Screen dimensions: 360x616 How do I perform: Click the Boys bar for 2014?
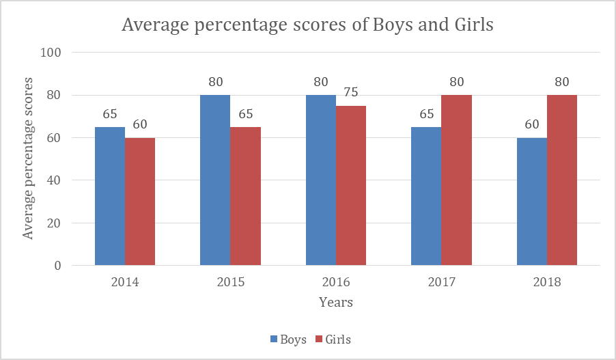pos(110,196)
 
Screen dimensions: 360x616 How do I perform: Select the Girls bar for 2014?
pos(140,202)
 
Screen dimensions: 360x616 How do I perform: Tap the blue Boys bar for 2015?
pos(215,180)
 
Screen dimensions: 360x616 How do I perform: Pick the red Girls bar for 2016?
pos(350,186)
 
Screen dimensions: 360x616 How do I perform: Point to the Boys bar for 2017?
pos(426,196)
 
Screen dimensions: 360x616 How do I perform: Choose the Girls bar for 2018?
pos(561,180)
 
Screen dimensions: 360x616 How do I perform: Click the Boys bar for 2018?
pos(531,202)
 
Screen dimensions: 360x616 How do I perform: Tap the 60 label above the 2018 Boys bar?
pos(531,125)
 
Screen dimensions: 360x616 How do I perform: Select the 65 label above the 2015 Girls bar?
pos(246,114)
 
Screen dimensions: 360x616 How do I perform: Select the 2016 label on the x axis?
pos(335,282)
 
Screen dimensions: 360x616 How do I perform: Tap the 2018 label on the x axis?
pos(546,282)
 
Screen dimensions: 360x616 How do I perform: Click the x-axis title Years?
pos(335,302)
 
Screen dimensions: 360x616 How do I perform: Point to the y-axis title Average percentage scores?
pos(28,158)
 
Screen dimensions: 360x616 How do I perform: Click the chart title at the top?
pos(307,25)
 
